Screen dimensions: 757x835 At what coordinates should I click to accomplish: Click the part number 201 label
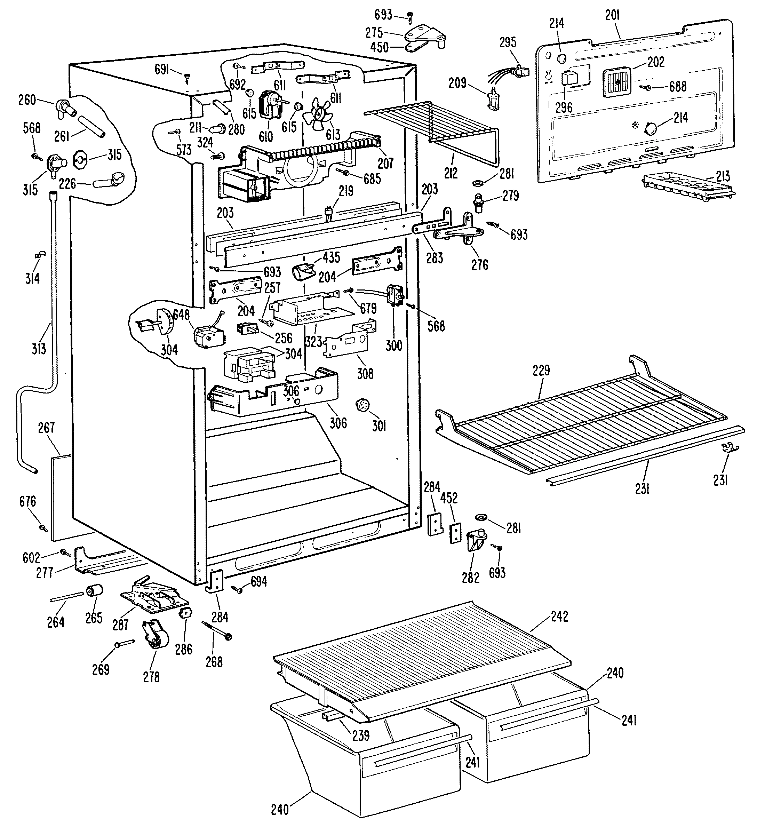tap(612, 16)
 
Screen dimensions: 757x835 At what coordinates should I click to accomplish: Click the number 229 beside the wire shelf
tap(541, 370)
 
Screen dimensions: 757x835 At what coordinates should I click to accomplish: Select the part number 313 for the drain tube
tap(39, 349)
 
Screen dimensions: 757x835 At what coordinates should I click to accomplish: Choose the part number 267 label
tap(46, 428)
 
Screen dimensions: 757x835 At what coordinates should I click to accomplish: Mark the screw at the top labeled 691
tap(187, 76)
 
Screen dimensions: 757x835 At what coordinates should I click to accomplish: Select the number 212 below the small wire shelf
tap(451, 174)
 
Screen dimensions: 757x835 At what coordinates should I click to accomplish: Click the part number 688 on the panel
tap(678, 87)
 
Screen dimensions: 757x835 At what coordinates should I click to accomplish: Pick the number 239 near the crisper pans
tap(361, 735)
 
